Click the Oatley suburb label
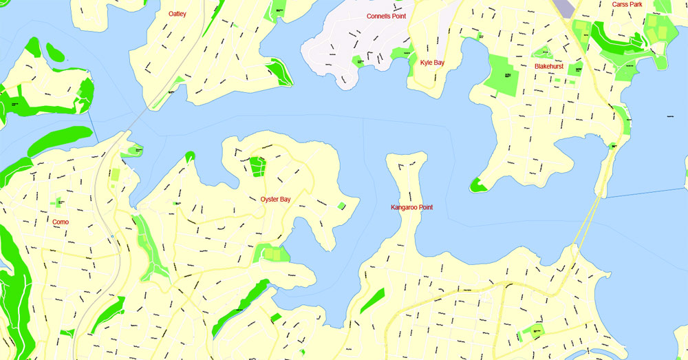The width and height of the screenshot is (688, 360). pyautogui.click(x=178, y=14)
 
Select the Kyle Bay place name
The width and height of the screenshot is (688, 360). pyautogui.click(x=432, y=63)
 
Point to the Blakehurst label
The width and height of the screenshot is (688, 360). pyautogui.click(x=549, y=67)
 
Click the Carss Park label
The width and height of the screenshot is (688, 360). pyautogui.click(x=627, y=5)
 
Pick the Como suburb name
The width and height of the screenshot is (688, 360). pyautogui.click(x=61, y=222)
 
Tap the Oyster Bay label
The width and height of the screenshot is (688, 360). pyautogui.click(x=275, y=200)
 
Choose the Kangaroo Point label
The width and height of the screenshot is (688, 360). pyautogui.click(x=411, y=207)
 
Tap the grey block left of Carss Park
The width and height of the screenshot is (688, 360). pyautogui.click(x=566, y=8)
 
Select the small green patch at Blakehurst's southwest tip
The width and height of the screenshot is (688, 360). pyautogui.click(x=476, y=184)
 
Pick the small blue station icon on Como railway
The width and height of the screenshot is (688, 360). pyautogui.click(x=111, y=236)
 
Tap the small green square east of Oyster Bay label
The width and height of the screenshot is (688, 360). pyautogui.click(x=341, y=205)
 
